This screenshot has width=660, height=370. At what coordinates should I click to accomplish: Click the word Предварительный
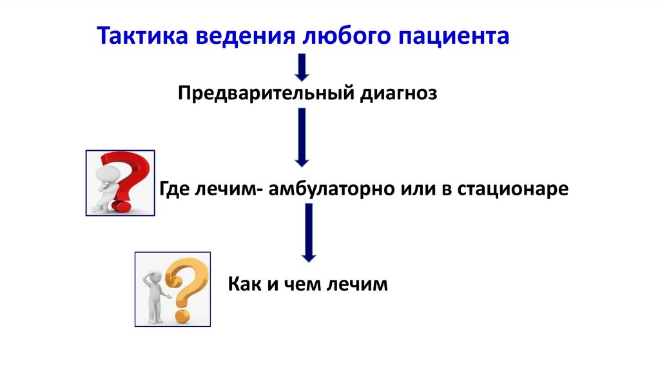(264, 94)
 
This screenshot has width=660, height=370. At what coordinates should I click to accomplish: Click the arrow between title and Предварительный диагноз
(302, 67)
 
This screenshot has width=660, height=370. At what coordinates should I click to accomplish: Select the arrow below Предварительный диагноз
(302, 137)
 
